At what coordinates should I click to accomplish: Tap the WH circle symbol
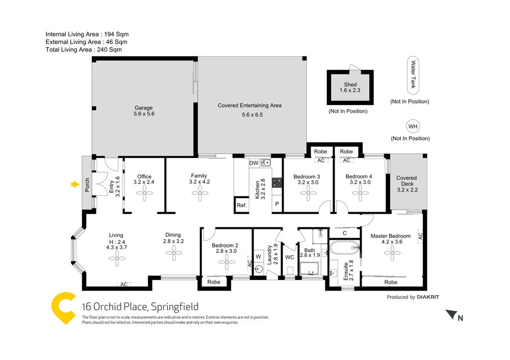[412, 126]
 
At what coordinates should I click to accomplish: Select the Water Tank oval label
[413, 75]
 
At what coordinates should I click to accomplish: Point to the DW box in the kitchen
[253, 163]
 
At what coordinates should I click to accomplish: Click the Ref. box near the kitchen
[241, 205]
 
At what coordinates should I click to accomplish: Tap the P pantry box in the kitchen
[277, 204]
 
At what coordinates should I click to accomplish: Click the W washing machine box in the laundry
[258, 256]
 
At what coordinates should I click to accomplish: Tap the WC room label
[290, 258]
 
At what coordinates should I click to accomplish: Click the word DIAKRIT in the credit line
[428, 297]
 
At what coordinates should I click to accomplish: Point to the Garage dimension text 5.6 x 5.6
[144, 114]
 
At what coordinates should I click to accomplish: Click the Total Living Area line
[84, 49]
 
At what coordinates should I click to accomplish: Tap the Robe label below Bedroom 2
[214, 281]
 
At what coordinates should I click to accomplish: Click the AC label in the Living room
[124, 284]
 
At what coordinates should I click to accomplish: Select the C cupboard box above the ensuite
[345, 233]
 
